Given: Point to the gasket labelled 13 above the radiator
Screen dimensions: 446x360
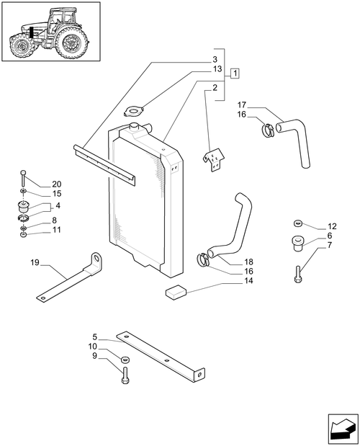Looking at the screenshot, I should (135, 111).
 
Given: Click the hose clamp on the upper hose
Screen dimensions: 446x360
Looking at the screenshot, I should (266, 130).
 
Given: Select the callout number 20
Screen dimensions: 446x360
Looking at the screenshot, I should (57, 184).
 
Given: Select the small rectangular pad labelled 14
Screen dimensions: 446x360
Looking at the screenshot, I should (176, 291).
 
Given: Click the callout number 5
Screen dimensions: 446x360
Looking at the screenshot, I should (96, 336).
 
